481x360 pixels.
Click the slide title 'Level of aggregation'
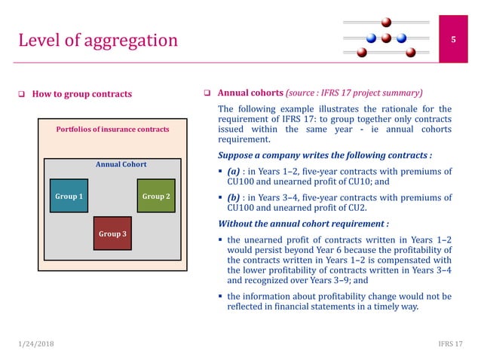(x=97, y=39)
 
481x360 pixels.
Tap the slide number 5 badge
(x=453, y=39)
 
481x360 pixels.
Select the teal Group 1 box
(x=69, y=196)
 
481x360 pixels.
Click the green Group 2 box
(x=156, y=196)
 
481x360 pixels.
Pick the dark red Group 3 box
(x=112, y=233)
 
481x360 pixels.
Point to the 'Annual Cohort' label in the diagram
(x=121, y=164)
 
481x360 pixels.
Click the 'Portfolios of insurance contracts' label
(x=113, y=130)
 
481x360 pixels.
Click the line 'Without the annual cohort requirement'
(x=303, y=224)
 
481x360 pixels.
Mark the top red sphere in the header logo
(x=386, y=22)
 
